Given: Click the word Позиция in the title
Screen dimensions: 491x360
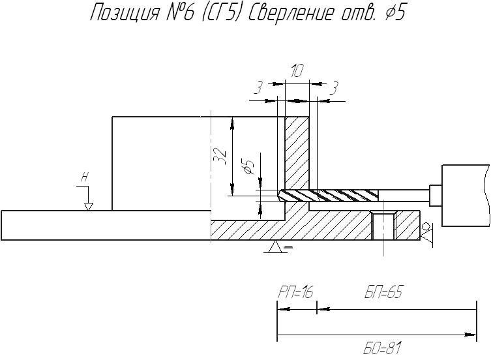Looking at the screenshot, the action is click(125, 13).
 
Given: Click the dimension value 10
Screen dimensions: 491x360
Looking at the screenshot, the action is click(297, 71).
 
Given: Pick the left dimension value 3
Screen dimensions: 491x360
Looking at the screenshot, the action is click(258, 88).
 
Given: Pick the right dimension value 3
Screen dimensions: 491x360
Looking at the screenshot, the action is click(335, 88).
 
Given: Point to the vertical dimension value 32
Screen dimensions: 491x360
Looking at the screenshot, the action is click(220, 156).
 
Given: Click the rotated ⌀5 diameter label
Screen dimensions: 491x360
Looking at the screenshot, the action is click(248, 166).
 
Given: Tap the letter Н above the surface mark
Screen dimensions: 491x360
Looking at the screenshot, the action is click(84, 177).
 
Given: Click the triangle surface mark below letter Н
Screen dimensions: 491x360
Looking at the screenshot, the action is click(89, 207).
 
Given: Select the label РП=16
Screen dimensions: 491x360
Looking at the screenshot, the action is click(295, 292).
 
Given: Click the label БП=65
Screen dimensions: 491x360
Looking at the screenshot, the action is click(383, 292).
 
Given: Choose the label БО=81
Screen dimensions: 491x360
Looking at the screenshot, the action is click(382, 348).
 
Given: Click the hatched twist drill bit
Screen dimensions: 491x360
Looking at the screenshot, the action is click(328, 196).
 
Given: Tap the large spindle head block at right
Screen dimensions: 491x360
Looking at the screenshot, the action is click(466, 196).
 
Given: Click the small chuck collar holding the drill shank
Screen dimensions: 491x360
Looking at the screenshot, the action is click(436, 196).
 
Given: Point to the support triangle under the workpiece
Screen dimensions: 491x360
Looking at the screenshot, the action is click(276, 247).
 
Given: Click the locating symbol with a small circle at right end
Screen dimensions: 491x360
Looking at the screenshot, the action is click(426, 232).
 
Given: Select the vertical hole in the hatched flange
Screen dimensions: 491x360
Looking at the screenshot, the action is click(383, 226).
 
